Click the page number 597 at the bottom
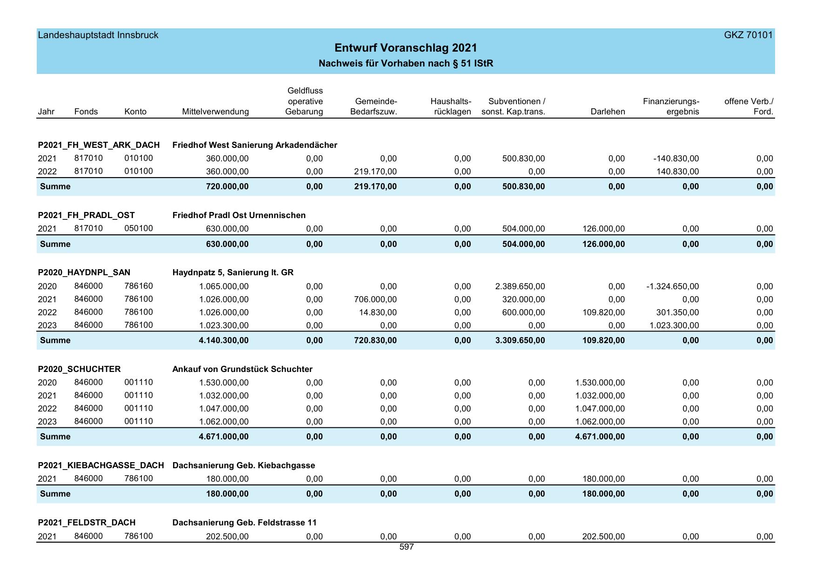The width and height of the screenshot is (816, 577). (x=407, y=547)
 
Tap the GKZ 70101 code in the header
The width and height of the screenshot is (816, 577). (x=748, y=35)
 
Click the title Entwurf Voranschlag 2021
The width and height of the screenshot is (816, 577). (x=406, y=48)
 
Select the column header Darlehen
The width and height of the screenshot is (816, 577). (x=608, y=112)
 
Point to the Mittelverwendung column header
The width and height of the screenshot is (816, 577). (x=215, y=112)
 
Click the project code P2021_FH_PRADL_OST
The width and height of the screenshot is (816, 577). (x=87, y=215)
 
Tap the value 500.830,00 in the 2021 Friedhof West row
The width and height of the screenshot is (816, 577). (x=523, y=159)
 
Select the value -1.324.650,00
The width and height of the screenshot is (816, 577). (x=672, y=286)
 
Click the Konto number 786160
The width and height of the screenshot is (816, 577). (x=139, y=286)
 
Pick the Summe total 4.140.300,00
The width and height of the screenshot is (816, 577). (x=224, y=340)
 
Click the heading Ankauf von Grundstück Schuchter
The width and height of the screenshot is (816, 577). (x=242, y=369)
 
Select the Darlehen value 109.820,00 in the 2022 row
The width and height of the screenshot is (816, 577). (x=604, y=312)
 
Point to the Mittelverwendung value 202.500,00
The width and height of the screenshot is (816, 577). (x=227, y=537)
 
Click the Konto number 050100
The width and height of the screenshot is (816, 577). (x=139, y=228)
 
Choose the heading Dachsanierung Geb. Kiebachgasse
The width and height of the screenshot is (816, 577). (x=244, y=465)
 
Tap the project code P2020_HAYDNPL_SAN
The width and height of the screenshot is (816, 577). (x=84, y=272)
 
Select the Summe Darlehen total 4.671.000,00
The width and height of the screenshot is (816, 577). (x=600, y=437)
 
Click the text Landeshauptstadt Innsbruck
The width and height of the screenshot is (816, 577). (x=98, y=35)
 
